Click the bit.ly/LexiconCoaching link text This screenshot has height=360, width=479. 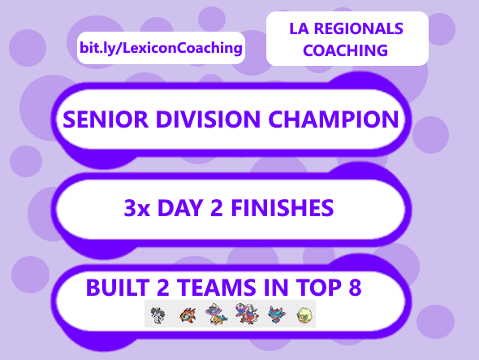tap(161, 48)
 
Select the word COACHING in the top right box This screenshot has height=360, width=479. tap(347, 50)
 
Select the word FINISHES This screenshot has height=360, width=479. tap(283, 208)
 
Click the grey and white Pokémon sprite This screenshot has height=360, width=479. tap(159, 314)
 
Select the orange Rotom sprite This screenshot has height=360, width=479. tap(188, 314)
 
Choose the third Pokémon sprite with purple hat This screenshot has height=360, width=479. tap(215, 314)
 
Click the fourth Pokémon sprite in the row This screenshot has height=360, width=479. tap(244, 314)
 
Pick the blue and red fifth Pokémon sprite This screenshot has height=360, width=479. tap(273, 314)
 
